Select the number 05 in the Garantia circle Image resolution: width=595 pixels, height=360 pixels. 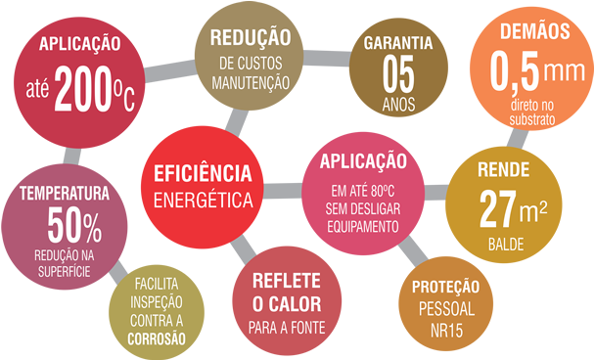397,74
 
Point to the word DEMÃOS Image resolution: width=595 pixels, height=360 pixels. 533,32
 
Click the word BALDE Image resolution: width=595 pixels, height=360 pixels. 503,238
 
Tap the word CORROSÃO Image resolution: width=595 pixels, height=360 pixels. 157,337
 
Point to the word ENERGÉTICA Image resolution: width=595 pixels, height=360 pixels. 197,201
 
